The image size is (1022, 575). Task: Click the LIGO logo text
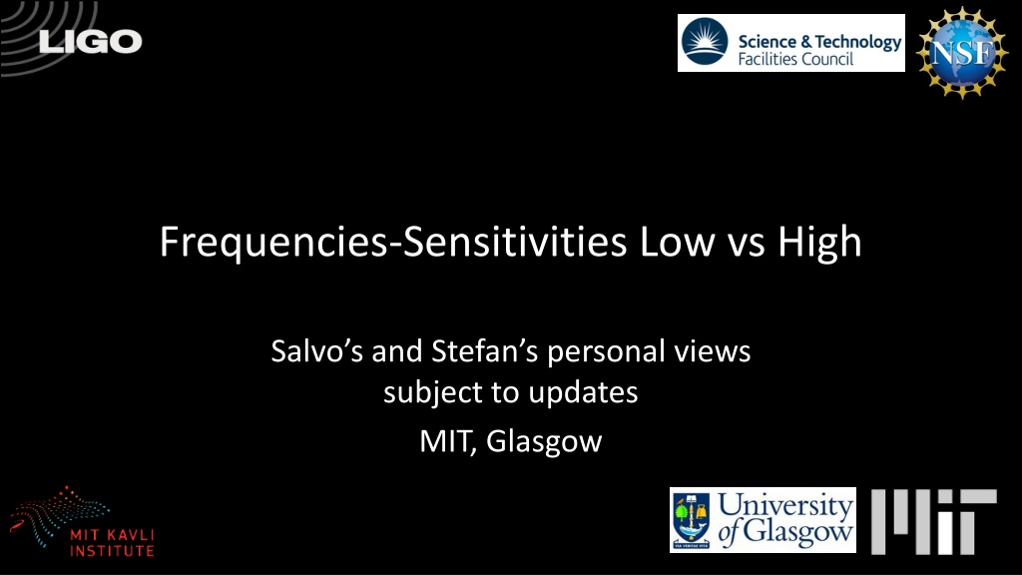(90, 42)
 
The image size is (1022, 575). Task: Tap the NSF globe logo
(962, 52)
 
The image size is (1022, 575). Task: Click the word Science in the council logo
(767, 42)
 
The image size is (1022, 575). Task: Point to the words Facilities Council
(795, 59)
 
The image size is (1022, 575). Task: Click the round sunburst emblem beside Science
(705, 42)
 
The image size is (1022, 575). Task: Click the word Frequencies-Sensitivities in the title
(393, 243)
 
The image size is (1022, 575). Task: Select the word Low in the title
(677, 243)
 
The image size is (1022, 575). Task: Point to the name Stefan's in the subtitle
(484, 350)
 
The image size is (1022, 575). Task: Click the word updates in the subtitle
(583, 393)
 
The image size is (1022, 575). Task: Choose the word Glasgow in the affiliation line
(544, 442)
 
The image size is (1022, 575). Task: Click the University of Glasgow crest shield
(691, 520)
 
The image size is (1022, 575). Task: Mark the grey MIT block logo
(933, 521)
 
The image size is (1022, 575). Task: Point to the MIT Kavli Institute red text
(112, 543)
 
